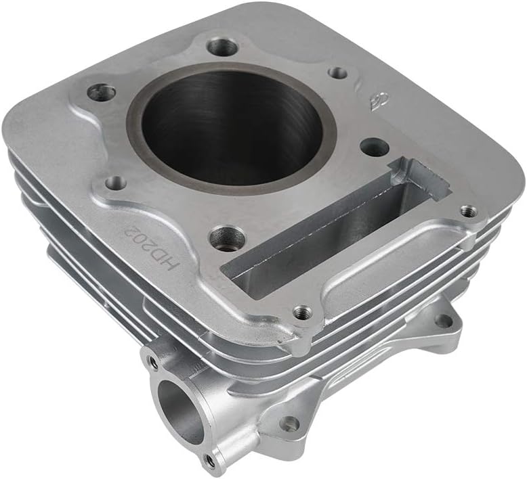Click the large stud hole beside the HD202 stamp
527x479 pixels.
point(226,237)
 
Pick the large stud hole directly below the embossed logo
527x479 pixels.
point(374,147)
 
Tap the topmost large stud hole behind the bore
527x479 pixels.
point(222,47)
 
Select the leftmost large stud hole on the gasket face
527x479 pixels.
point(102,92)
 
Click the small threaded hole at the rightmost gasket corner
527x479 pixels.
point(468,211)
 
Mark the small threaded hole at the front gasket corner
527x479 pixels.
point(302,312)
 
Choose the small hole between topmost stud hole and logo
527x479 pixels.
point(337,72)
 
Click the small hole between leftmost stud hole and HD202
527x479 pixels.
point(116,182)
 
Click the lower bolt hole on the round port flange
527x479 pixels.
point(211,461)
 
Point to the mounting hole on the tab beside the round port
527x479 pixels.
point(289,424)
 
